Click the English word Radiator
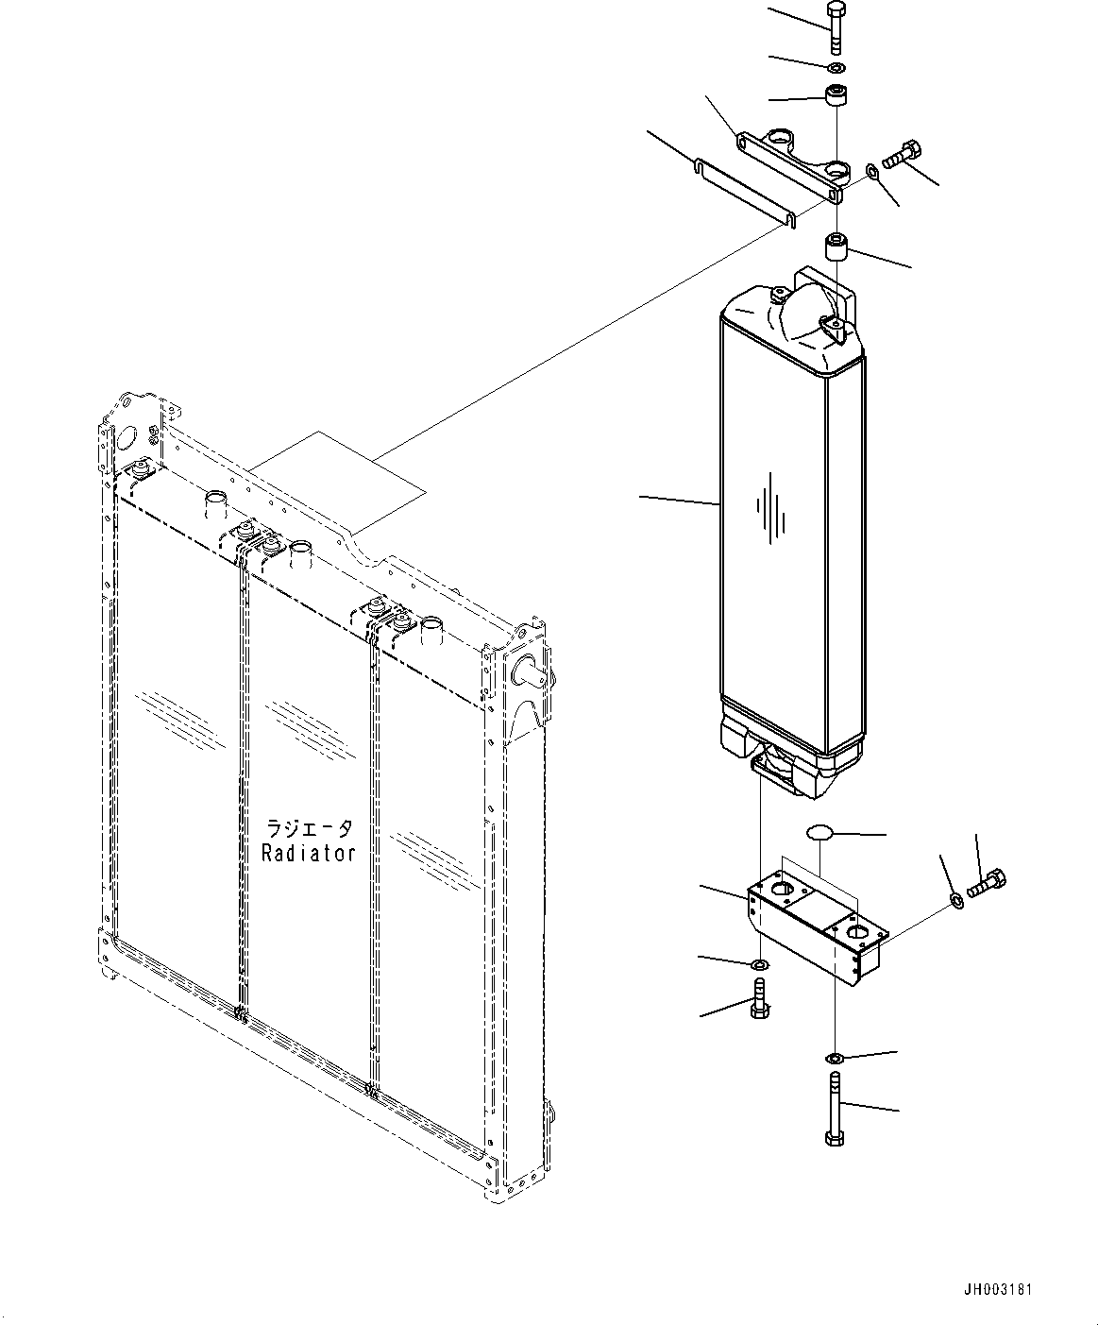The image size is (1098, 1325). [x=309, y=852]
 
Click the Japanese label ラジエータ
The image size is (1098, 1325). [x=309, y=828]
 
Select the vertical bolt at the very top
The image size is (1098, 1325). [x=835, y=28]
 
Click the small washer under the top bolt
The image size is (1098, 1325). [x=836, y=68]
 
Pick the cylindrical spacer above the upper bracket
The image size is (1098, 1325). [x=836, y=96]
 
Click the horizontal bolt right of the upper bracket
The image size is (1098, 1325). [x=902, y=155]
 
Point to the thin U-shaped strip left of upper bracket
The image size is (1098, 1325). [x=744, y=193]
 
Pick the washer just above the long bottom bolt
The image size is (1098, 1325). [x=835, y=1057]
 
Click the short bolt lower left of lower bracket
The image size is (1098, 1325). [x=760, y=998]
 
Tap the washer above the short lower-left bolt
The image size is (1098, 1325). [x=759, y=964]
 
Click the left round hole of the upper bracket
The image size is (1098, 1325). [x=780, y=141]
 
